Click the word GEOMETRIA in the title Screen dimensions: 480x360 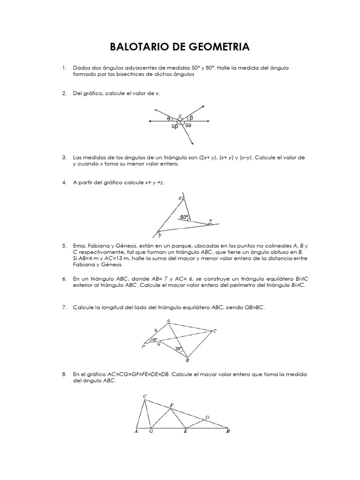coord(219,47)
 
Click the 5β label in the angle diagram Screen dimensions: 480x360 coord(174,127)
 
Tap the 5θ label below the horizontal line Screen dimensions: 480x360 coord(188,126)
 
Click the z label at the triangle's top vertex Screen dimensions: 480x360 coord(180,198)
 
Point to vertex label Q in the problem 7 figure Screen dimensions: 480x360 coord(158,344)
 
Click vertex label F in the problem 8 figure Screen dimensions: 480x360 coord(171,405)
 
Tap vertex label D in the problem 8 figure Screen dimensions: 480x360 coord(207,417)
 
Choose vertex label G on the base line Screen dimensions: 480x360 coord(150,432)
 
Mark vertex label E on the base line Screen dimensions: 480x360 coord(185,432)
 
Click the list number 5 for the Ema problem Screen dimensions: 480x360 coord(64,245)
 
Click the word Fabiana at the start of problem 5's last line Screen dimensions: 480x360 coord(83,265)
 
